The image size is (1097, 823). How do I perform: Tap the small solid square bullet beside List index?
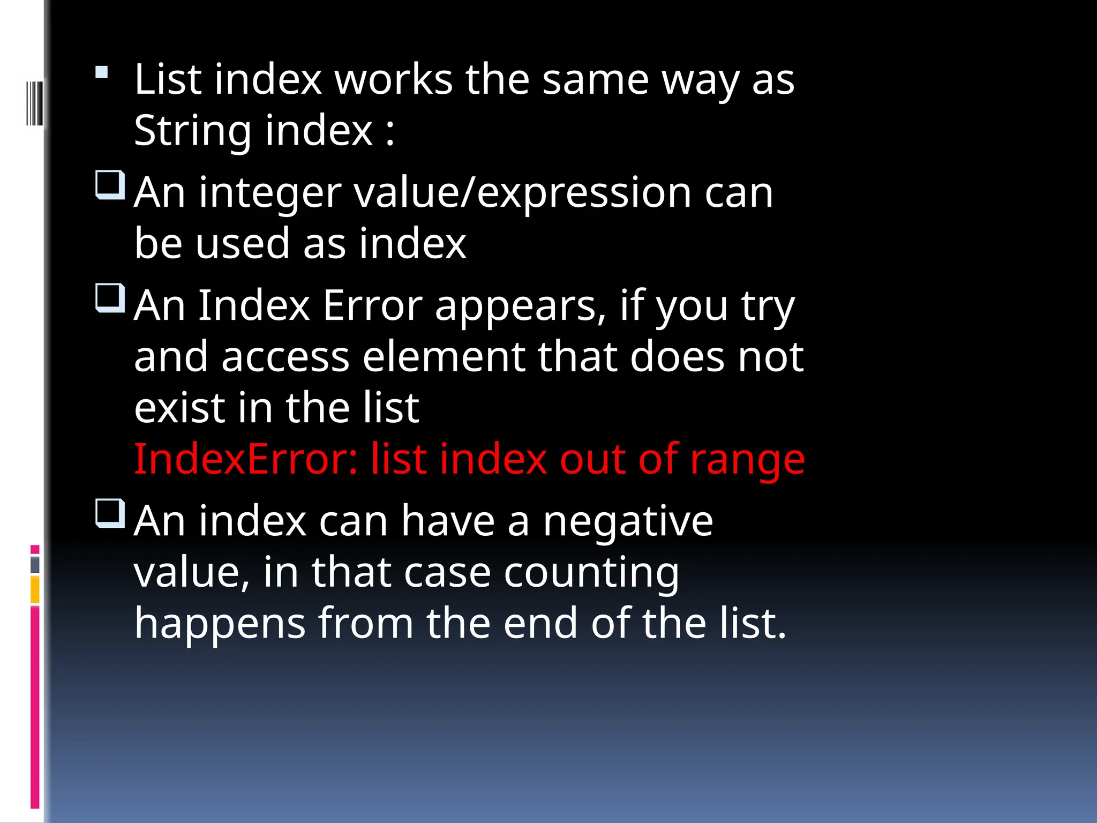click(102, 72)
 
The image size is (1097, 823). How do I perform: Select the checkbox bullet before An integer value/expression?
click(110, 185)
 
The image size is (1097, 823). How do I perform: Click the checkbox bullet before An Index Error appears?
click(110, 298)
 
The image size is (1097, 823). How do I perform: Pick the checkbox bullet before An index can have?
click(110, 513)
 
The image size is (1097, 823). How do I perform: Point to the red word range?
click(747, 461)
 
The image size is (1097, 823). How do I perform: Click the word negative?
click(628, 522)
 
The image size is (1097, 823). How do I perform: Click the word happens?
click(220, 625)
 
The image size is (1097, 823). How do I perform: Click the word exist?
click(179, 408)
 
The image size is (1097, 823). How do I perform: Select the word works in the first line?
click(394, 80)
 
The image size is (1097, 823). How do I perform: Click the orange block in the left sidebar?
click(35, 589)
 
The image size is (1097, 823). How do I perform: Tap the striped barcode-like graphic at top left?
click(34, 103)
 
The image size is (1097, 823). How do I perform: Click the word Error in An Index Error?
click(372, 306)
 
